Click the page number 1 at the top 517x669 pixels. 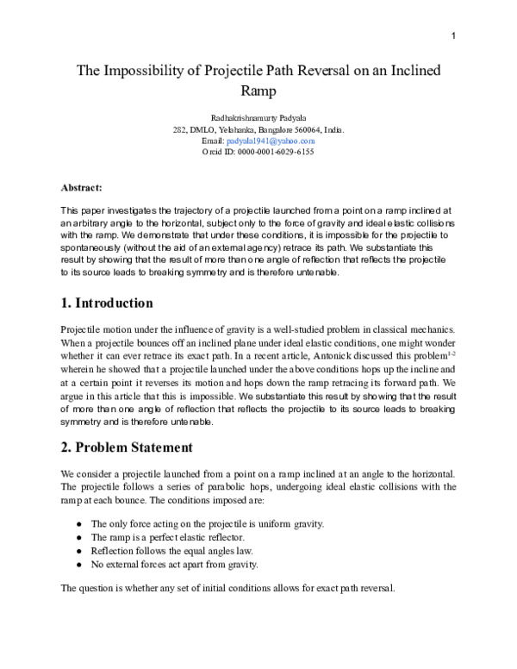pyautogui.click(x=453, y=34)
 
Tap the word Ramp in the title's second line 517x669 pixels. pyautogui.click(x=258, y=90)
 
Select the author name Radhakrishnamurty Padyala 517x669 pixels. pyautogui.click(x=258, y=117)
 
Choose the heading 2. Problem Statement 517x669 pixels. pyautogui.click(x=127, y=447)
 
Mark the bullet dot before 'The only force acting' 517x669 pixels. pyautogui.click(x=79, y=524)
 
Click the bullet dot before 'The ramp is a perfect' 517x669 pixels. pyautogui.click(x=79, y=537)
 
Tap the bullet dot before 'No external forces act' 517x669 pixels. pyautogui.click(x=79, y=565)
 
